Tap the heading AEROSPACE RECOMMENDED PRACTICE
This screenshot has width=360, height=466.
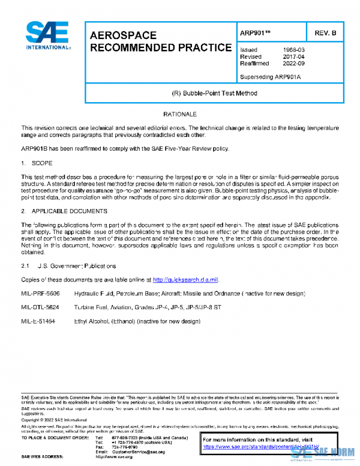160,41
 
